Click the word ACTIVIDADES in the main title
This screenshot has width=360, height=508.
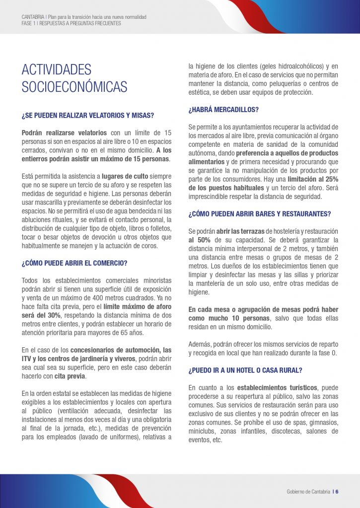tap(57, 69)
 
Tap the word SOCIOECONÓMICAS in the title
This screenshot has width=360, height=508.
tap(74, 86)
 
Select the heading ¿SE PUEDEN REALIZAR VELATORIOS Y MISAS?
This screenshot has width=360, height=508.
tap(87, 115)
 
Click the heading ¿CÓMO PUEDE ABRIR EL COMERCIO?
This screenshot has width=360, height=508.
tap(74, 262)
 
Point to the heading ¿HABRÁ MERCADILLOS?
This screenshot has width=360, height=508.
tap(223, 109)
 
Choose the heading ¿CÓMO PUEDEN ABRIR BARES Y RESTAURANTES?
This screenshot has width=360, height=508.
tap(260, 214)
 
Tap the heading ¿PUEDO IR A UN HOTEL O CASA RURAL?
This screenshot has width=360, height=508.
tap(245, 370)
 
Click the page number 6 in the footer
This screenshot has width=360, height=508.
tap(337, 492)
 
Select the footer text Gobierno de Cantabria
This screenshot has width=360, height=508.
tap(308, 492)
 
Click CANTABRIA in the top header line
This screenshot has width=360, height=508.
tap(33, 17)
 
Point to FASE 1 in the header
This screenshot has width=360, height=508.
tap(29, 23)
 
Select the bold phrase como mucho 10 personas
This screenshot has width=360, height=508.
tap(229, 317)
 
